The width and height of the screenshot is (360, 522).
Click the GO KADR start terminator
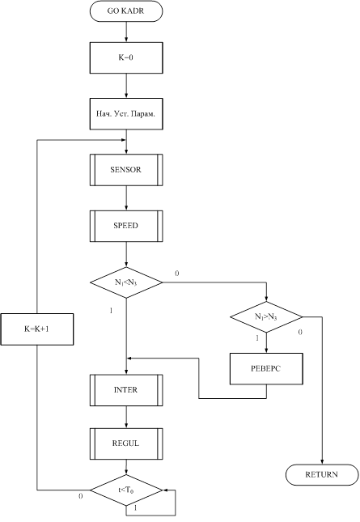tap(126, 11)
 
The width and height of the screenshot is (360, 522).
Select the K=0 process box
tap(126, 57)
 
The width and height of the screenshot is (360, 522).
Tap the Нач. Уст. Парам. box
tap(126, 114)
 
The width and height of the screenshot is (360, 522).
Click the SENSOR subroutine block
tap(126, 170)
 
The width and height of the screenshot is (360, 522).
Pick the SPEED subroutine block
tap(126, 226)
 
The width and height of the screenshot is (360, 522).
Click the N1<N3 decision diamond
tap(126, 282)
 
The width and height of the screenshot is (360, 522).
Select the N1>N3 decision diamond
tap(266, 316)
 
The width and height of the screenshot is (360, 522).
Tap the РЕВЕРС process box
tap(266, 369)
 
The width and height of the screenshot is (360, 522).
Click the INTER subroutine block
tap(126, 390)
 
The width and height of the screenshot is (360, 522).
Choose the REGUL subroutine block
tap(126, 443)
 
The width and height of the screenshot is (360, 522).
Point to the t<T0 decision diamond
tap(126, 490)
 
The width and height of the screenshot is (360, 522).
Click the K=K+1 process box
tap(37, 329)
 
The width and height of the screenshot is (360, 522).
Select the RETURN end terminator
tap(322, 475)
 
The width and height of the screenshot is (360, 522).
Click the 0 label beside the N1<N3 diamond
tap(177, 274)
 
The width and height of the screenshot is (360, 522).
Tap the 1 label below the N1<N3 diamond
tap(111, 311)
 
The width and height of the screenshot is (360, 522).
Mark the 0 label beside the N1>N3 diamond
tap(300, 332)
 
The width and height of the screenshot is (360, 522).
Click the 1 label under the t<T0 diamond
tap(135, 508)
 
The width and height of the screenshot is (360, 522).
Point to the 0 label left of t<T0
tap(81, 496)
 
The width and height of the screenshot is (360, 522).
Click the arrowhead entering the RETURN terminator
tap(322, 462)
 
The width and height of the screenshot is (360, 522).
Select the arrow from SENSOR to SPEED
tap(126, 197)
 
